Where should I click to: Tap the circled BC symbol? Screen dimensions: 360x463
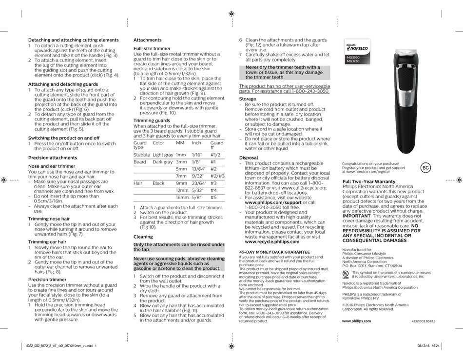tap(425, 168)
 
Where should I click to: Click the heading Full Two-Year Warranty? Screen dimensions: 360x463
tap(369, 181)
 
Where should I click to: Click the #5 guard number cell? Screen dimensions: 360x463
tap(213, 197)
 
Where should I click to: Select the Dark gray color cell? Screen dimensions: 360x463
tap(162, 161)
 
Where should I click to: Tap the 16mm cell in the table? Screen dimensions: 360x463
tap(182, 197)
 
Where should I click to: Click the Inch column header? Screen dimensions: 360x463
tap(196, 143)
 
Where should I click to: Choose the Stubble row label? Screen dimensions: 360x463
tap(141, 155)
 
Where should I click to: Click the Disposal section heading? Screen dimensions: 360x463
tap(249, 158)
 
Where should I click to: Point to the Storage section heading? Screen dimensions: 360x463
tap(248, 99)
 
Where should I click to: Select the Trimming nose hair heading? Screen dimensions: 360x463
tap(49, 219)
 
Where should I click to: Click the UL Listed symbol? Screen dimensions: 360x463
tap(346, 275)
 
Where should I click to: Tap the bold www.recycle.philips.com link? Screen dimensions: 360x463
tap(272, 241)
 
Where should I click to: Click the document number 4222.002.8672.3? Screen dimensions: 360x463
tap(423, 321)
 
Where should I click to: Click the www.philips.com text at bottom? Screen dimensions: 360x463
tap(356, 321)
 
